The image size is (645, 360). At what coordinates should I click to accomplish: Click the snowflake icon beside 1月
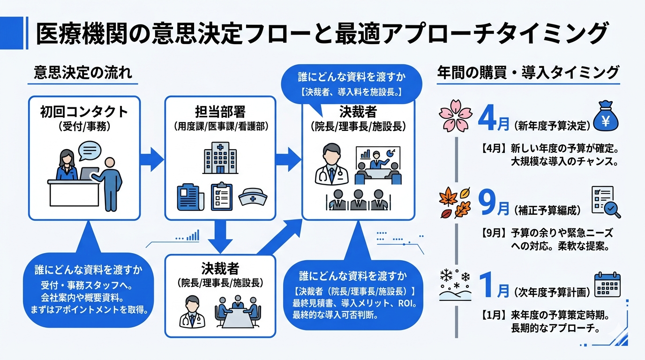[x=454, y=284]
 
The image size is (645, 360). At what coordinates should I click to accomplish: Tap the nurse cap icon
[x=254, y=197]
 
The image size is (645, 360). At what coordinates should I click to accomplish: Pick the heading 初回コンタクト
[x=84, y=112]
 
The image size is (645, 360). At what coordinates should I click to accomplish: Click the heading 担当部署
[x=220, y=112]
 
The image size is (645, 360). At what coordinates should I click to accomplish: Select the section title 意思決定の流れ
[x=83, y=73]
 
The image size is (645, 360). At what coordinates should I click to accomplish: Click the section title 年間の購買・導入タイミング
[x=528, y=73]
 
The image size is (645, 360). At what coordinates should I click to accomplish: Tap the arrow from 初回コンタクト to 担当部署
[x=152, y=157]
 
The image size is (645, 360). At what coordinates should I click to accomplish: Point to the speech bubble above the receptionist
[x=89, y=151]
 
